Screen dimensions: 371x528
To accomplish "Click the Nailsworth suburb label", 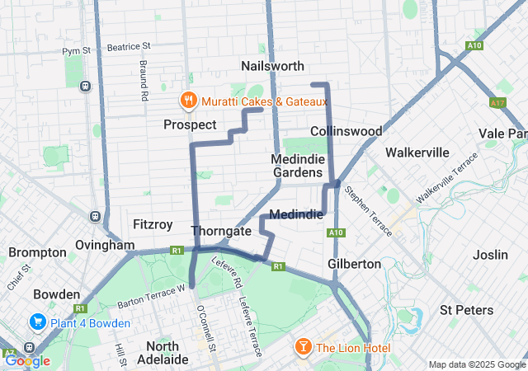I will [x=272, y=66].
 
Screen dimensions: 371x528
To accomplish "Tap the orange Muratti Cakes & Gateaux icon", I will [x=188, y=101].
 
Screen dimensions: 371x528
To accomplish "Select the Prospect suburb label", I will [x=190, y=124].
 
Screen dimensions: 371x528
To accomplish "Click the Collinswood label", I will [x=346, y=131].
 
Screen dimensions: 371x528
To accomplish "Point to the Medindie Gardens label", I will [x=297, y=166].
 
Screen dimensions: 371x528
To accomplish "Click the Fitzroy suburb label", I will [x=153, y=223].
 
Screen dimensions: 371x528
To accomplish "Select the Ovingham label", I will [x=104, y=245].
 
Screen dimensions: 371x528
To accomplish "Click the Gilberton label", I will [x=354, y=264].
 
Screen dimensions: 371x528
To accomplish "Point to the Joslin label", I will [x=491, y=255].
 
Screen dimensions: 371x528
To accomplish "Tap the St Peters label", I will [x=466, y=310].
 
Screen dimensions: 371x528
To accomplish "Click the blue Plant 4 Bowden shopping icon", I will [x=38, y=321].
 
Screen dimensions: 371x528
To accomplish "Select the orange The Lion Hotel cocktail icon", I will [x=303, y=348].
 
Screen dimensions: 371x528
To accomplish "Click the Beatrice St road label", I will [x=129, y=47].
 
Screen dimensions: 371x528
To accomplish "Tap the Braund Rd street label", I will [x=143, y=81].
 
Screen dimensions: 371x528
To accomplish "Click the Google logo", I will [x=27, y=360].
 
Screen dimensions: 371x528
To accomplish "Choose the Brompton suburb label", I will [x=39, y=251].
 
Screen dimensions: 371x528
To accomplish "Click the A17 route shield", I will [x=497, y=103].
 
